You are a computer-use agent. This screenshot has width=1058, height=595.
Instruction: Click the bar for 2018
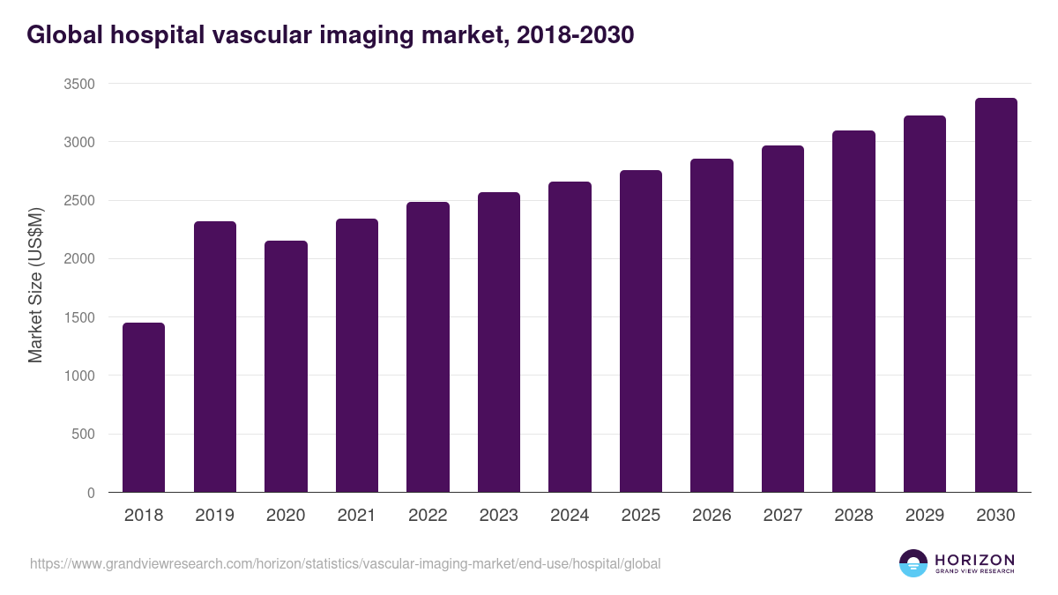tap(144, 407)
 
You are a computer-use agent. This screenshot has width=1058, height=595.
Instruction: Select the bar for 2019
tap(215, 357)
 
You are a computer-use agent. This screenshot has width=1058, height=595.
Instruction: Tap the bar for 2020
tap(286, 367)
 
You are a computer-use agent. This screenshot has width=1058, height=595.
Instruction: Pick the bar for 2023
tap(499, 342)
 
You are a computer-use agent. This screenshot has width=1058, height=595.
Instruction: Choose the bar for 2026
tap(712, 325)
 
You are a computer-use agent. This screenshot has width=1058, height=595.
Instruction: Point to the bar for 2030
tap(995, 295)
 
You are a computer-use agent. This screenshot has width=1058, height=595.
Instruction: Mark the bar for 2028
tap(853, 311)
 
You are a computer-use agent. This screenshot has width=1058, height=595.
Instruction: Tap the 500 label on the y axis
tap(83, 435)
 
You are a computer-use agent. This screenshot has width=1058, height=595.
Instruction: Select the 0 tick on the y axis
tap(91, 493)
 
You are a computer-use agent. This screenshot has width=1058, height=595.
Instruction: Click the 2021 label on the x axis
tap(356, 516)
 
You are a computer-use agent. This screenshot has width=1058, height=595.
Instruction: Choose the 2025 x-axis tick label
tap(640, 516)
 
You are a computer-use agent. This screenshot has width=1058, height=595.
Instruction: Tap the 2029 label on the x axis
tap(924, 516)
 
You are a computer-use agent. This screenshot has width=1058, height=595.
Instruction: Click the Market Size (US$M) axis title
tap(35, 285)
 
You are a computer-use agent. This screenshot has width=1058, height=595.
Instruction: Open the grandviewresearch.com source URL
tap(345, 563)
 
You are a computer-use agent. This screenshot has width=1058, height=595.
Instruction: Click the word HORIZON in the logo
tap(974, 559)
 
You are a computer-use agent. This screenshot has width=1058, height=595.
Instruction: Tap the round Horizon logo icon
tap(913, 562)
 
